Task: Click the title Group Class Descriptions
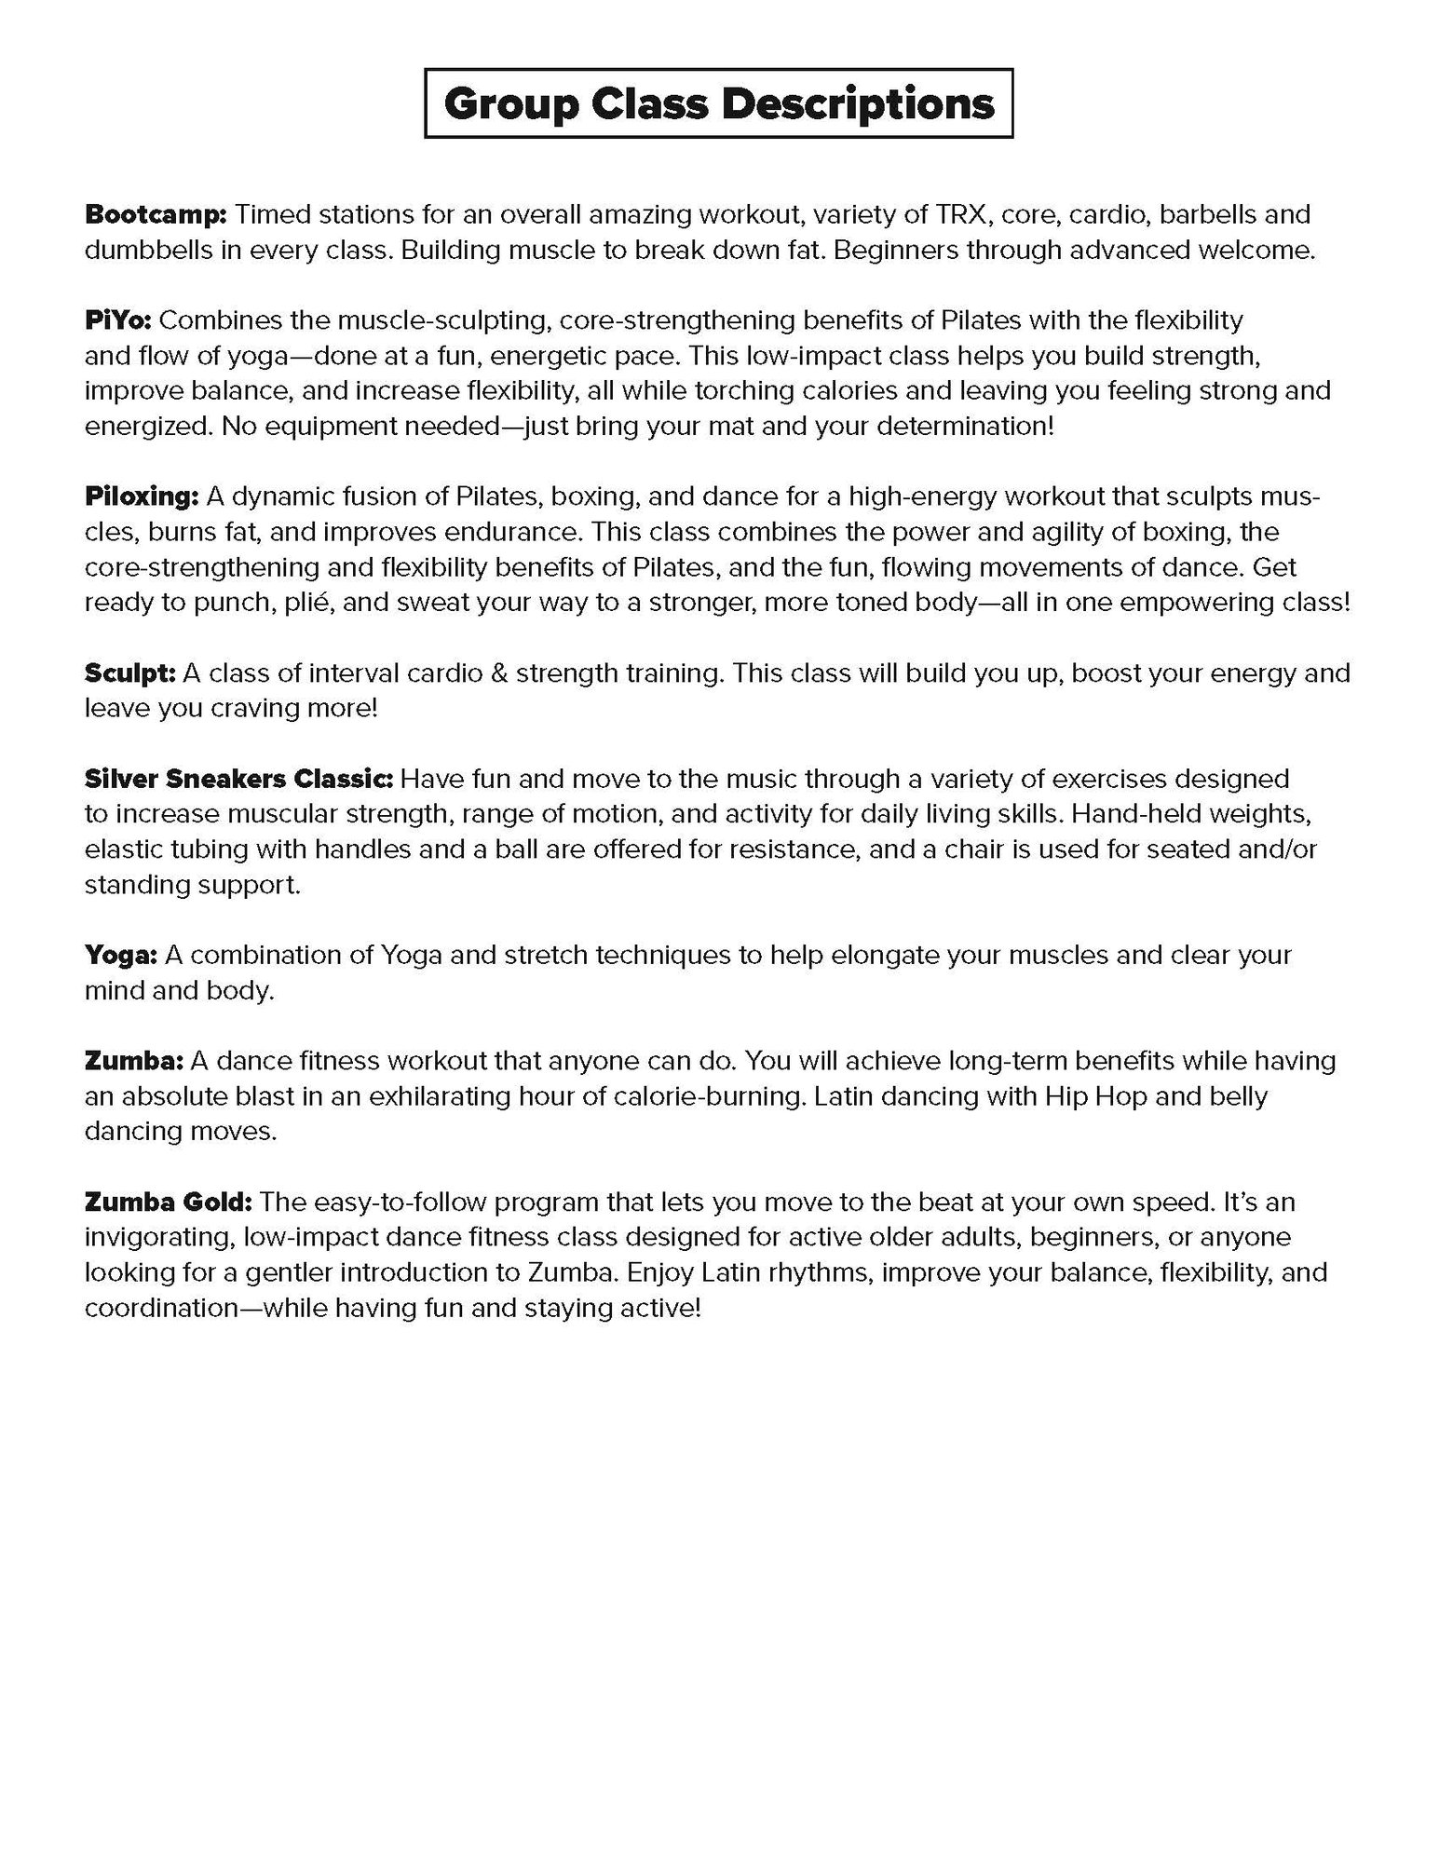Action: pos(718,103)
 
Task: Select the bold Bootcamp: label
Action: pos(156,214)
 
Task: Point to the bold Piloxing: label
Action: pos(142,496)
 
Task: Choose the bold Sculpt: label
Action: pos(129,673)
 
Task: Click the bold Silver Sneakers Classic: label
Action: pos(239,779)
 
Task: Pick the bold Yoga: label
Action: pos(120,955)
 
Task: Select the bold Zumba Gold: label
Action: pos(168,1202)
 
